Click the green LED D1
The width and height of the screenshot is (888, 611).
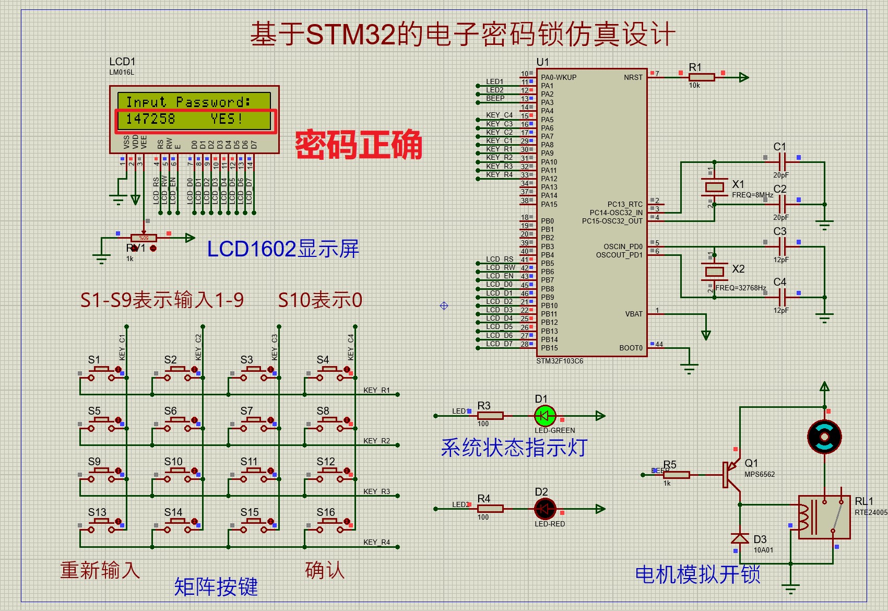545,416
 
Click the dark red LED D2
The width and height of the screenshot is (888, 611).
545,509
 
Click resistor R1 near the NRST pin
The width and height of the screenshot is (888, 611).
702,77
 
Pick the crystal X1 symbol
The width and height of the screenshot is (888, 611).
714,187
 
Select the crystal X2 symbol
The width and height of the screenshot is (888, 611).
714,271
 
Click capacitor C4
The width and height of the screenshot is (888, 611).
782,297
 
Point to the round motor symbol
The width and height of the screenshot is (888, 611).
824,437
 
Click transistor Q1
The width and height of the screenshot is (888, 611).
730,474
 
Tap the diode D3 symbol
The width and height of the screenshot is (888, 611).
740,538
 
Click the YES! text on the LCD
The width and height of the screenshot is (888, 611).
227,119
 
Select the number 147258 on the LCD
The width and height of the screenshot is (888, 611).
151,119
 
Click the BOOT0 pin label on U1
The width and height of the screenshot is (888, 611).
631,348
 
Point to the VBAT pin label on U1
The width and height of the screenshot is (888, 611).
634,314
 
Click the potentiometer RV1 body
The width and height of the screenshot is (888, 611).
144,238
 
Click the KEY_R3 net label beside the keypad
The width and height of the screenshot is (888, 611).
376,491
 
